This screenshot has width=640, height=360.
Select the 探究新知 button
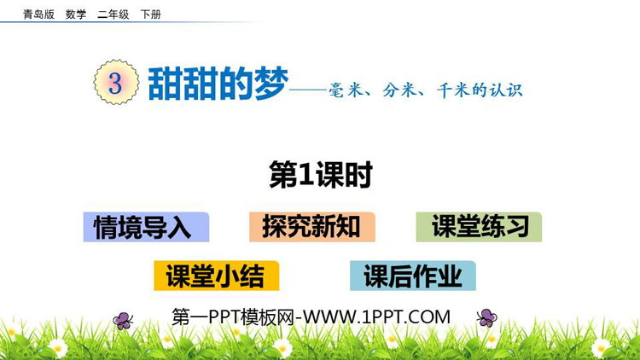pyautogui.click(x=311, y=227)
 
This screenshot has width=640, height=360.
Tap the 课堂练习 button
pyautogui.click(x=479, y=227)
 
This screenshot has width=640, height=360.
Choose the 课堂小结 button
pyautogui.click(x=216, y=276)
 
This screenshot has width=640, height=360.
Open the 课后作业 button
pyautogui.click(x=412, y=276)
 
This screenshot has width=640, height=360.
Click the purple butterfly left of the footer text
pyautogui.click(x=124, y=321)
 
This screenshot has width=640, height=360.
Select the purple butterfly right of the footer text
pyautogui.click(x=487, y=318)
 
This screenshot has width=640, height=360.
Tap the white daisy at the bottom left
pyautogui.click(x=57, y=346)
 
